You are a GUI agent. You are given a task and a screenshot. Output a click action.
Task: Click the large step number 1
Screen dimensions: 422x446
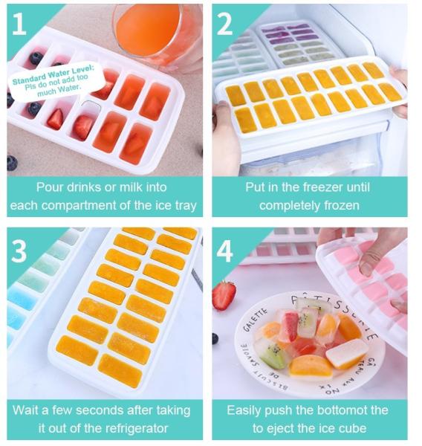tap(19, 25)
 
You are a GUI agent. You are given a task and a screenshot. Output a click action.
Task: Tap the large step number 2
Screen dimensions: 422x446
tap(224, 25)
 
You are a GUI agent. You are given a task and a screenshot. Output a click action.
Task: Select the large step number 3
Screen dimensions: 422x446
tap(19, 251)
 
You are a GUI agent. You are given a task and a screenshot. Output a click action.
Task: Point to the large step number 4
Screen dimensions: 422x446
tap(224, 251)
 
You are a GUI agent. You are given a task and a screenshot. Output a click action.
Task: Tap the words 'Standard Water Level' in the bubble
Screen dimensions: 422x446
tap(53, 74)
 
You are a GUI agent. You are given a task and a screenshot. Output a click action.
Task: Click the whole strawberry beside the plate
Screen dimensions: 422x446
tap(224, 295)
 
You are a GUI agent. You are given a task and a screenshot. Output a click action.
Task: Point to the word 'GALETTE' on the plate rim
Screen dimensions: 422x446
tap(255, 319)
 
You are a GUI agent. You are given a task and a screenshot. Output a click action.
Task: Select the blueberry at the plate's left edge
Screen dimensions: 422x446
tap(215, 338)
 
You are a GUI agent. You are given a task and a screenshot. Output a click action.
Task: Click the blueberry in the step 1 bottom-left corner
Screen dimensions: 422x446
tap(12, 164)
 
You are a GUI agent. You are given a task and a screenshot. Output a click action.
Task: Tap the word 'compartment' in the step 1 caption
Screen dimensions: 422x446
tap(79, 206)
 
